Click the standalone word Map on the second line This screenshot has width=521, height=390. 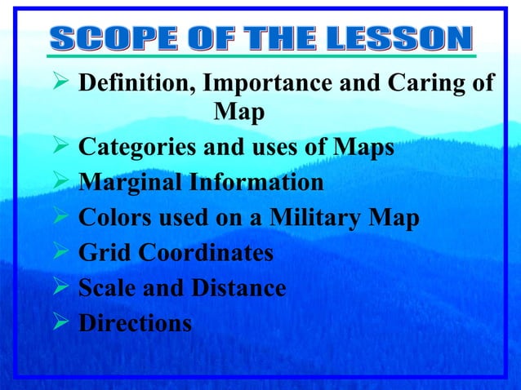[238, 113]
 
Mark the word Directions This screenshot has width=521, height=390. [135, 323]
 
